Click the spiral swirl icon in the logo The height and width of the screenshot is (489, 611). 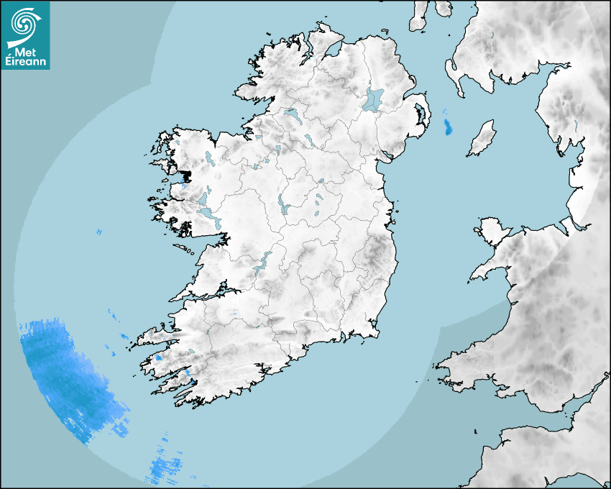[24, 24]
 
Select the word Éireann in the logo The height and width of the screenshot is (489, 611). [25, 63]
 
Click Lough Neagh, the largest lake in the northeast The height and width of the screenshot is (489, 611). [374, 99]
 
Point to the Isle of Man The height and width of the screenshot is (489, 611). [482, 139]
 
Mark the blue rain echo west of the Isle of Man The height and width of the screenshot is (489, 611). [449, 127]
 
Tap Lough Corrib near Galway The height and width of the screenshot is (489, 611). [205, 213]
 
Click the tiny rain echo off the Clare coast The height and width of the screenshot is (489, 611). [98, 232]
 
